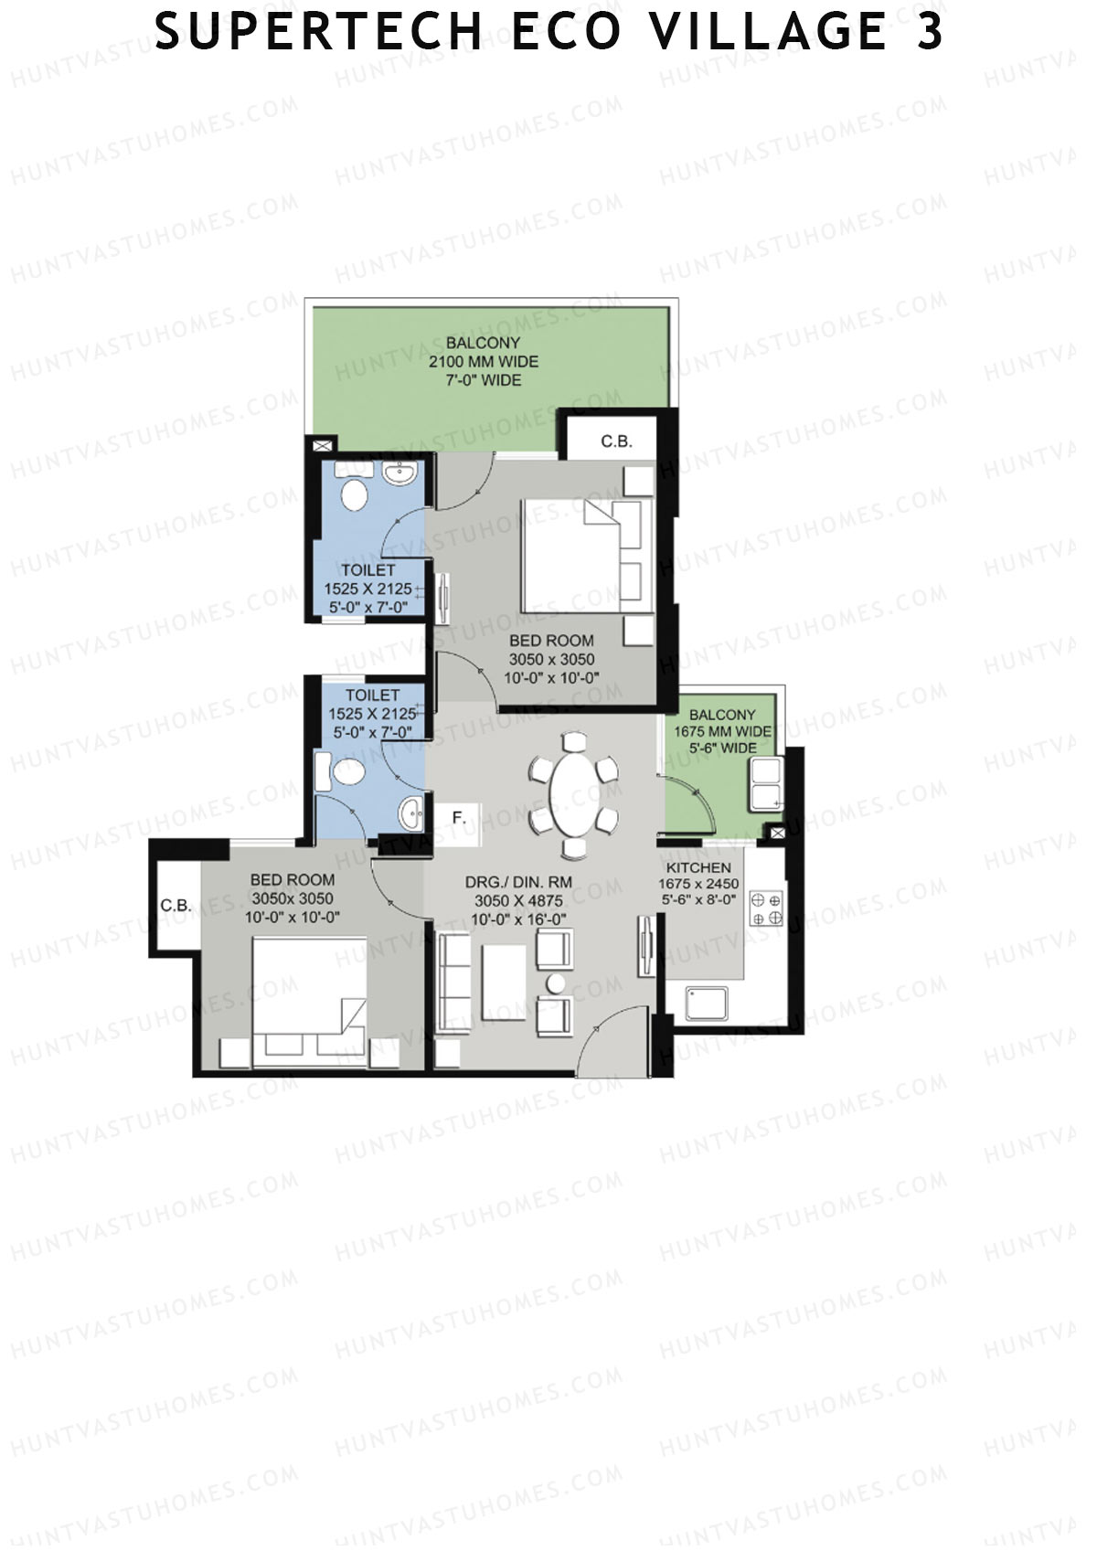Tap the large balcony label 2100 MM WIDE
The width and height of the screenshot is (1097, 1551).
coord(484,361)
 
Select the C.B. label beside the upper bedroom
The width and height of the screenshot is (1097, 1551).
coord(616,441)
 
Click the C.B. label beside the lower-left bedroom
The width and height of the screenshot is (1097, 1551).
coord(176,906)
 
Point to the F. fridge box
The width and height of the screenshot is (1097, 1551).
coord(458,818)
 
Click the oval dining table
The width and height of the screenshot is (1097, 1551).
coord(573,795)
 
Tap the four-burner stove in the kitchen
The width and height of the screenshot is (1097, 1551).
coord(766,909)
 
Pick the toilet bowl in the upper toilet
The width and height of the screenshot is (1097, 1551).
coord(356,495)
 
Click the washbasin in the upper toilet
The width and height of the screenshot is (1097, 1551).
coord(400,473)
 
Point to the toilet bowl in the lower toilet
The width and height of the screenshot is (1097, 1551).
coord(347,771)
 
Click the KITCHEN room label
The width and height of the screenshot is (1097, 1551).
coord(698,867)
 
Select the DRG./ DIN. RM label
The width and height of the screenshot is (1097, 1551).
coord(518,882)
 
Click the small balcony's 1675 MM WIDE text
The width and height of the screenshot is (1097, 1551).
coord(722,731)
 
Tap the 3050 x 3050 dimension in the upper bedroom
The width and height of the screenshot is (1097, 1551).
coord(551,659)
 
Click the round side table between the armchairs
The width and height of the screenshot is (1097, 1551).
coord(555,983)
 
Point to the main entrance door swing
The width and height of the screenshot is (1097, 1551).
coord(612,1039)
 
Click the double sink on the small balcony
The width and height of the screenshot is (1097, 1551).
coord(766,784)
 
